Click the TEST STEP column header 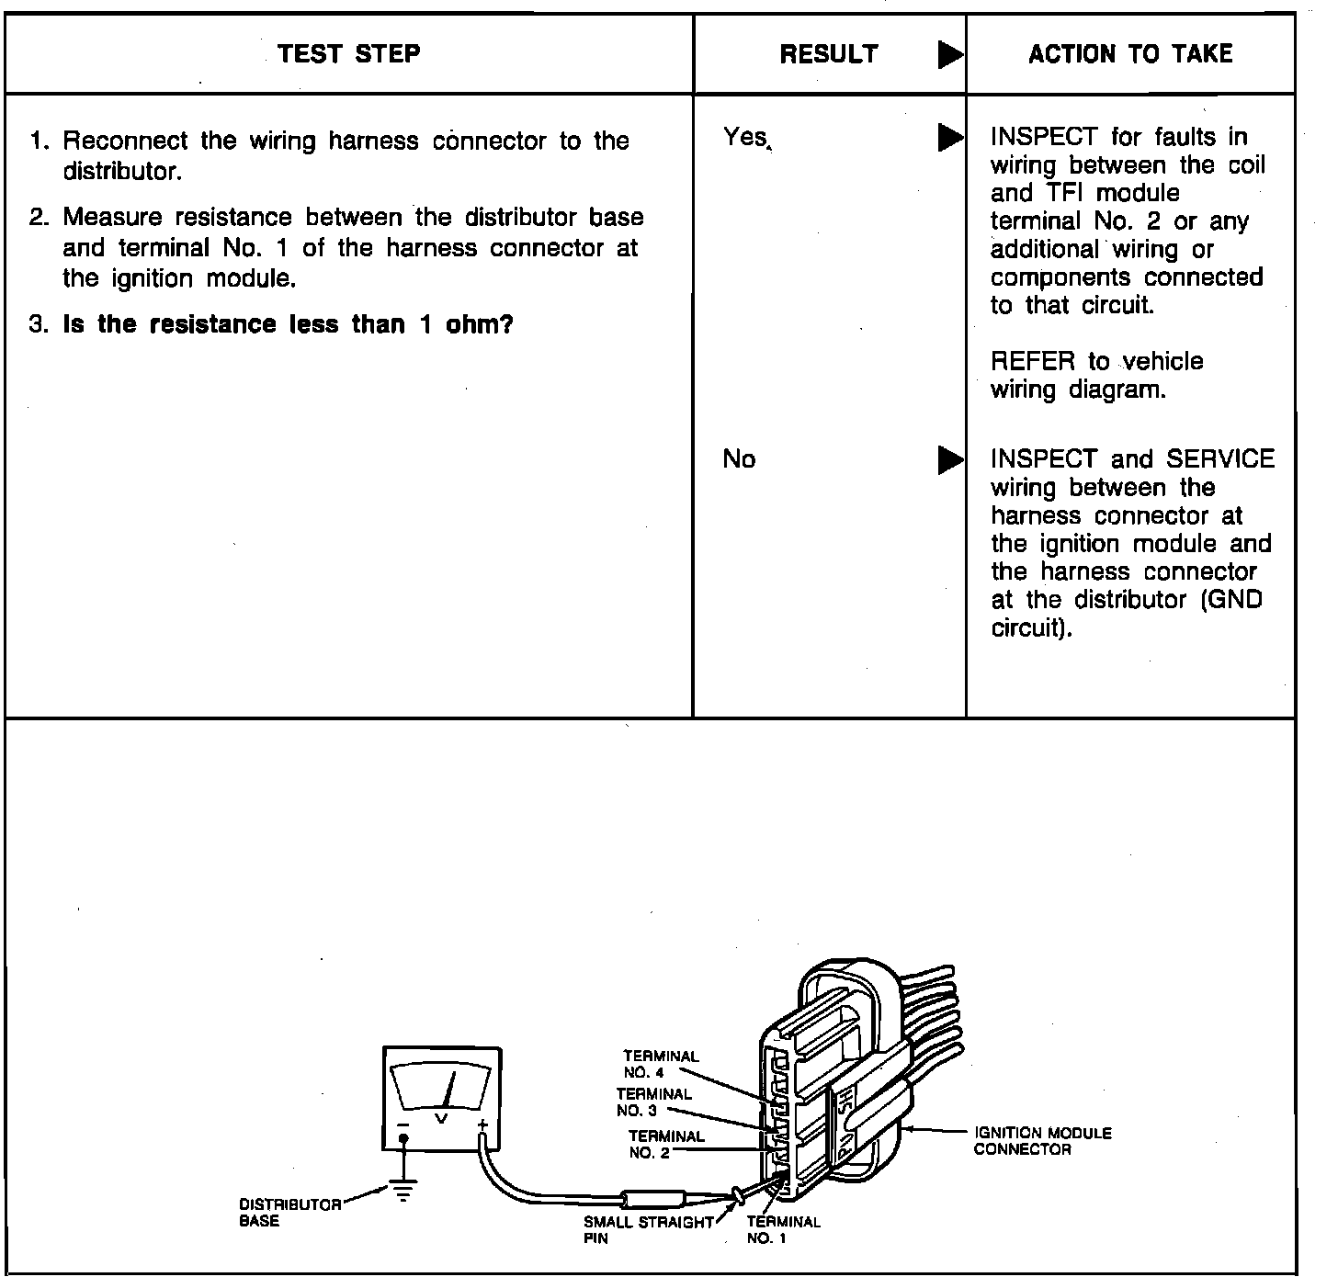pyautogui.click(x=348, y=53)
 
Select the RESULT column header pyautogui.click(x=828, y=54)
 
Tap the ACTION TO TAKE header pyautogui.click(x=1130, y=54)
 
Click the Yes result pyautogui.click(x=744, y=137)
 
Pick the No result pyautogui.click(x=739, y=458)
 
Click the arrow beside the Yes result pyautogui.click(x=950, y=138)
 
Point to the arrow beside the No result pyautogui.click(x=950, y=459)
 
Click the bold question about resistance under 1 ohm pyautogui.click(x=287, y=324)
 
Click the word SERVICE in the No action pyautogui.click(x=1220, y=458)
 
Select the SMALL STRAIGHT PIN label pyautogui.click(x=648, y=1229)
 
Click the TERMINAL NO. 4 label pyautogui.click(x=661, y=1064)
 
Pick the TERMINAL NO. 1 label pyautogui.click(x=783, y=1229)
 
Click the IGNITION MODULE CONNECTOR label pyautogui.click(x=1042, y=1141)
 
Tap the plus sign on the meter pyautogui.click(x=482, y=1124)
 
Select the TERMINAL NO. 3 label pyautogui.click(x=653, y=1102)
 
